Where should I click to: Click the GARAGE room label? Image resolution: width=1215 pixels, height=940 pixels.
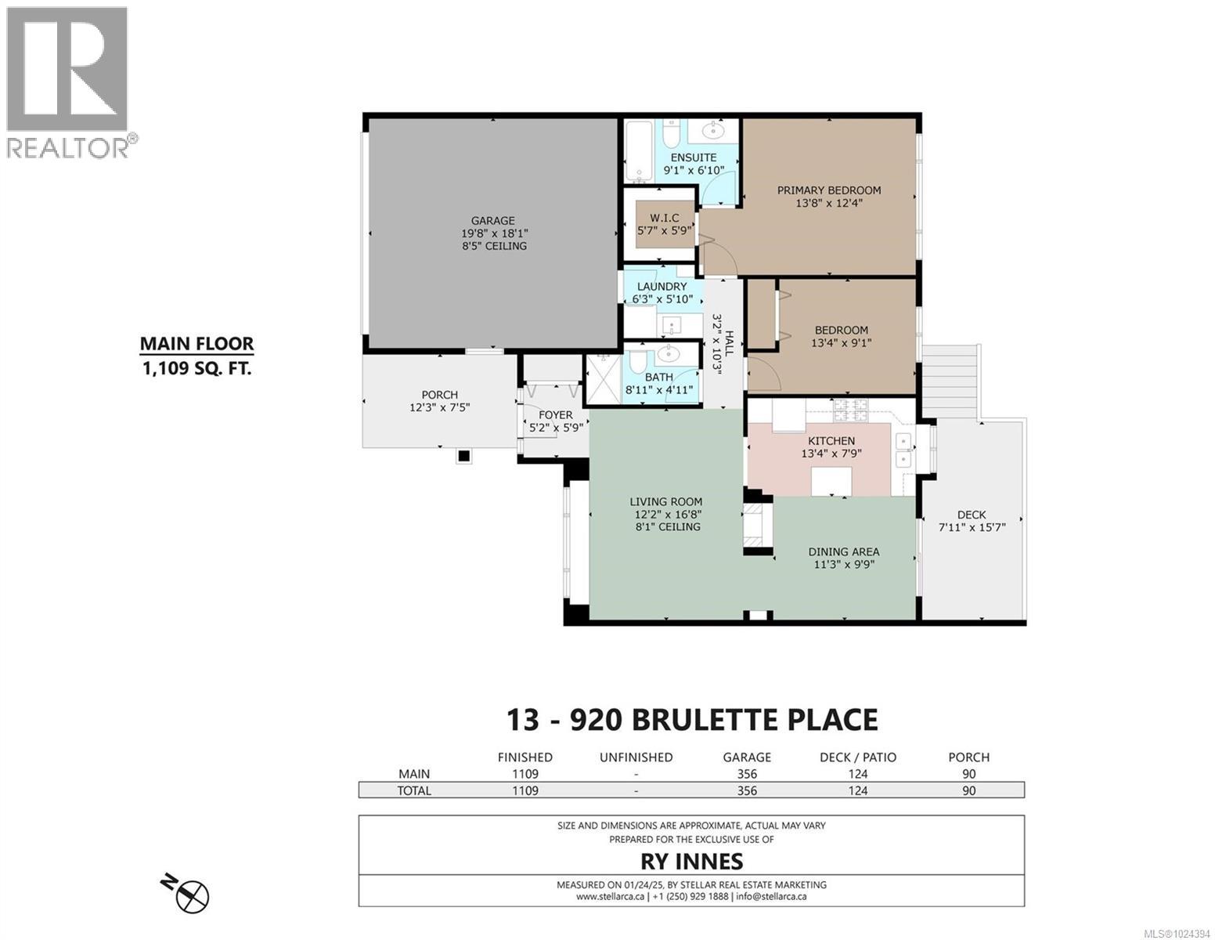coord(492,221)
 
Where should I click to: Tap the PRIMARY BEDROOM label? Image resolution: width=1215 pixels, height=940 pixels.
coord(828,190)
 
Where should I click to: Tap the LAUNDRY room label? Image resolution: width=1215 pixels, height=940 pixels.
coord(662,287)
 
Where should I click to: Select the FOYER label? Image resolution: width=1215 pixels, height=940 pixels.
coord(555,415)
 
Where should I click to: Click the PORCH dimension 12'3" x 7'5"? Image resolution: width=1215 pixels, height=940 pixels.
coord(439,407)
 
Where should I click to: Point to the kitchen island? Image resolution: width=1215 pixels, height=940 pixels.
coord(831,479)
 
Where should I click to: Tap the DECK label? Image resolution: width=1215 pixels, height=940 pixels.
coord(971,515)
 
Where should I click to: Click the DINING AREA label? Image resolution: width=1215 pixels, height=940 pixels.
coord(843,551)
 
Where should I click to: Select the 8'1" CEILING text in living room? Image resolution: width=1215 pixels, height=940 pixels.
coord(668,527)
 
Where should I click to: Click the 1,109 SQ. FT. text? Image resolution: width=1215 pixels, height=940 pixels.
coord(196,367)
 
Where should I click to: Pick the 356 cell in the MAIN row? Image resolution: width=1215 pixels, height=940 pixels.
coord(747,774)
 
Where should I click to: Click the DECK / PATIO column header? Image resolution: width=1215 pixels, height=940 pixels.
coord(858,757)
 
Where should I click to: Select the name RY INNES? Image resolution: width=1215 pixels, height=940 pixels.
coord(691,862)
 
